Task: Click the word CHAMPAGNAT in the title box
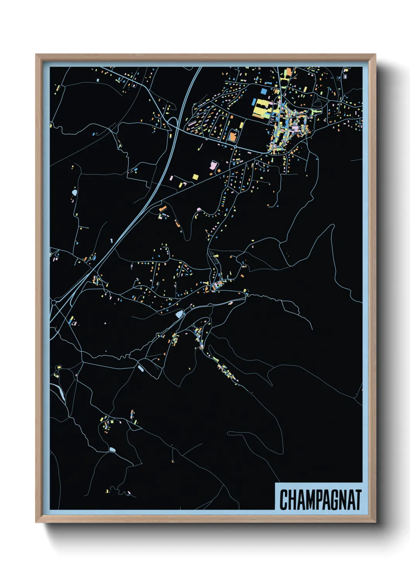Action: pos(320,500)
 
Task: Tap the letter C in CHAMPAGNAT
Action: pos(283,500)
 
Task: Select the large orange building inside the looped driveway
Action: pos(233,136)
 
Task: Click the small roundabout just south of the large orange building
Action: pos(235,147)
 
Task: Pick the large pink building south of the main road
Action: pos(213,166)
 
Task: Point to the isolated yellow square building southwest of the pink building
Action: pos(195,177)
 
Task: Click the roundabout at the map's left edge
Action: pos(53,302)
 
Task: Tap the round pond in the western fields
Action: pos(74,192)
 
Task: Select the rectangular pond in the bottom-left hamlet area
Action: pos(112,449)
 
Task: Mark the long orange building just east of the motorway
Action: pos(163,209)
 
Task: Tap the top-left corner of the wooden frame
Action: pos(36,55)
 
